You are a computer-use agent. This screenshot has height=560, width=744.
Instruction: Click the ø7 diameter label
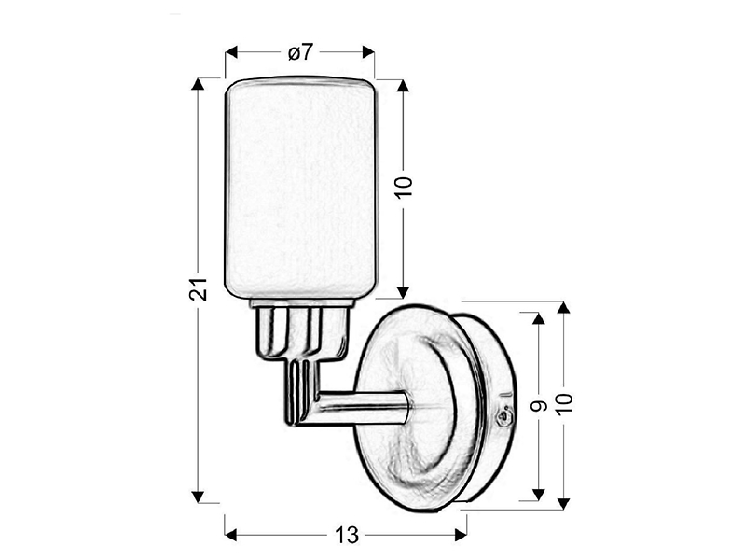pyautogui.click(x=300, y=51)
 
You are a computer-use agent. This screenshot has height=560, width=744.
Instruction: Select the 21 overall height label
pyautogui.click(x=199, y=288)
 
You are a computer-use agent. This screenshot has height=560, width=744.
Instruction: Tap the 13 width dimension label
pyautogui.click(x=347, y=536)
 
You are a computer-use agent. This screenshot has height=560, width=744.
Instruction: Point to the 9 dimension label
pyautogui.click(x=539, y=406)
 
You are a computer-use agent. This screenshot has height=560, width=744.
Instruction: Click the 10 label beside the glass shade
pyautogui.click(x=404, y=187)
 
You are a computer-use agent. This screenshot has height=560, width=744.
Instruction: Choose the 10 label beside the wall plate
pyautogui.click(x=564, y=404)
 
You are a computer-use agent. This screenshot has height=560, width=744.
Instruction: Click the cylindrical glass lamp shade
pyautogui.click(x=301, y=188)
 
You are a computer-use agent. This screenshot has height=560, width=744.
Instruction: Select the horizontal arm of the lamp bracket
pyautogui.click(x=361, y=408)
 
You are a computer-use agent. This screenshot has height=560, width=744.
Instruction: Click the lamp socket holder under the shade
pyautogui.click(x=302, y=330)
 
